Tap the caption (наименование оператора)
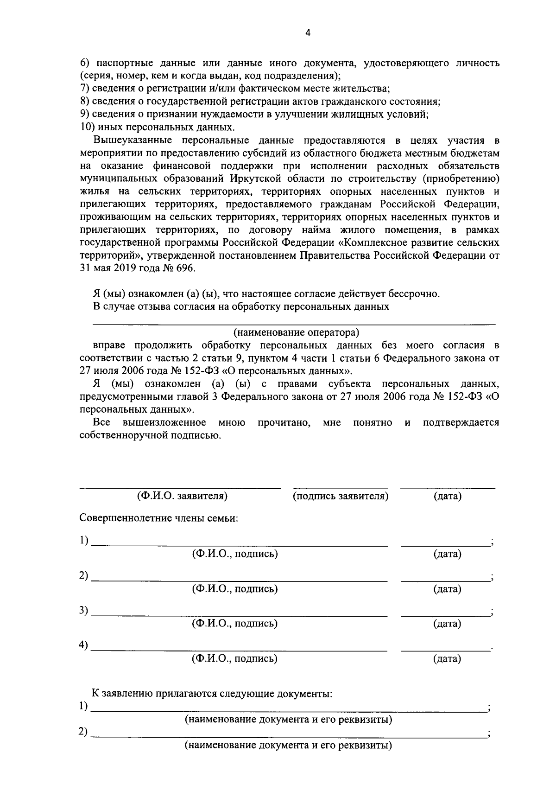(296, 332)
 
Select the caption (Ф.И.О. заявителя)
(182, 496)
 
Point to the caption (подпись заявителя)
(341, 496)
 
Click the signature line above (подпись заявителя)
(341, 488)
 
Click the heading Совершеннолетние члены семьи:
(159, 518)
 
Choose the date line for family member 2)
(446, 580)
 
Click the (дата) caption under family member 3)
(447, 624)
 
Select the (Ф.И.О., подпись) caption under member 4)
(235, 658)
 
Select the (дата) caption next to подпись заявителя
(447, 496)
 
